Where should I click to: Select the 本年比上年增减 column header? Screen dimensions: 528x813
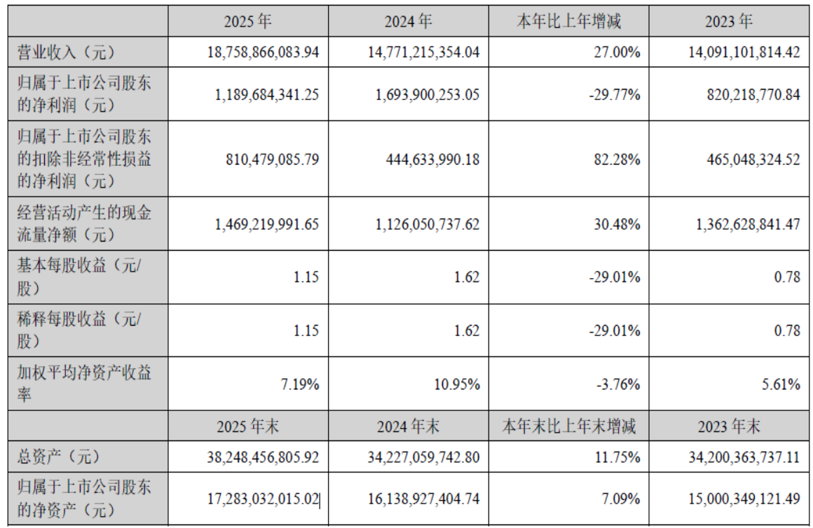(x=568, y=22)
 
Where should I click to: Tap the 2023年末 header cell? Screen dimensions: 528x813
(x=729, y=426)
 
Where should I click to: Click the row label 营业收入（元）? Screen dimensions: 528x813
(x=64, y=52)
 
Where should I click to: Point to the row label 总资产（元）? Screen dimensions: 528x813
(x=60, y=457)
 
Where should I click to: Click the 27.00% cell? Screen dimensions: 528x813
(x=617, y=52)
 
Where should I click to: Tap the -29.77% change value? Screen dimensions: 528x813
(x=615, y=95)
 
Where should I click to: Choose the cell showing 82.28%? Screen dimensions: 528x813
(x=617, y=159)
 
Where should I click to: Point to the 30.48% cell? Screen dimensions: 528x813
(x=617, y=224)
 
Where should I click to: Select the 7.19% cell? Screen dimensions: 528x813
(x=301, y=384)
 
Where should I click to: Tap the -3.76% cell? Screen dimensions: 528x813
(x=617, y=384)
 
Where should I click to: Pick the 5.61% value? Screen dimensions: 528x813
(x=782, y=384)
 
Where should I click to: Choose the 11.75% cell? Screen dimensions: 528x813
(x=617, y=457)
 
